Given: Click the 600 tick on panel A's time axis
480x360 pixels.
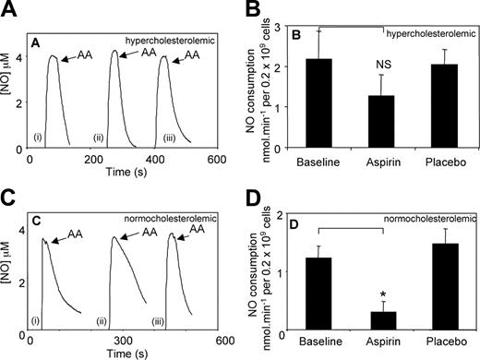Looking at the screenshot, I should (x=218, y=159).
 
